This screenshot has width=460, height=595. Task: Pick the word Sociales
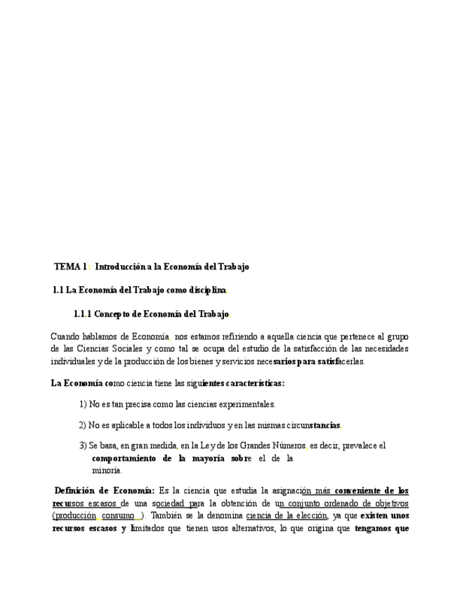click(127, 349)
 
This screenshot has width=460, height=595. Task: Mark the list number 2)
click(82, 424)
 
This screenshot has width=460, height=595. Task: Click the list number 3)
click(82, 446)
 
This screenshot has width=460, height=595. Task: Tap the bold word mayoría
click(206, 458)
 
